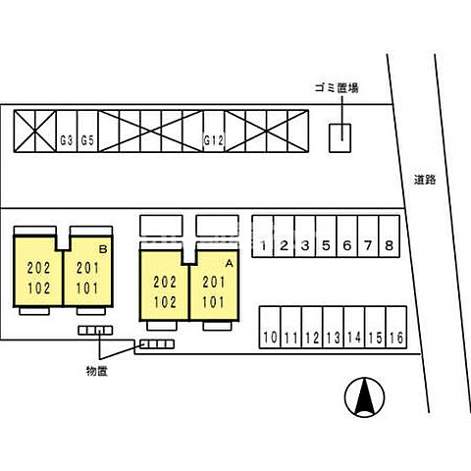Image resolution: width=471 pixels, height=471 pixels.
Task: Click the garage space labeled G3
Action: click(x=67, y=131)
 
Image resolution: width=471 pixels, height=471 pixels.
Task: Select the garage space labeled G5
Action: click(x=87, y=131)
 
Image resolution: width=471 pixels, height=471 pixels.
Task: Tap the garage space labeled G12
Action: click(x=214, y=131)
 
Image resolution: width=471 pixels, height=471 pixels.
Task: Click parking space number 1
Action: click(x=263, y=236)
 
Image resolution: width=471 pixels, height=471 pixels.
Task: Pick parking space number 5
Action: click(x=326, y=236)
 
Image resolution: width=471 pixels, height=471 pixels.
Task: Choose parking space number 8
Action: click(x=390, y=236)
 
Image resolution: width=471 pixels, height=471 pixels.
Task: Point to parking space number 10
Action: click(x=270, y=327)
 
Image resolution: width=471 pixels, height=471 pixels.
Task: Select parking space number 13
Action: click(x=334, y=327)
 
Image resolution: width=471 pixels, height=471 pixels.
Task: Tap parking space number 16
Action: click(x=396, y=327)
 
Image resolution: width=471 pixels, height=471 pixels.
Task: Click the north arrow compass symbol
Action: click(x=365, y=397)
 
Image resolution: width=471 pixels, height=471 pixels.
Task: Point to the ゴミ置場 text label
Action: click(x=337, y=88)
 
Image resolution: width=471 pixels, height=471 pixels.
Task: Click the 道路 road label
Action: click(x=425, y=180)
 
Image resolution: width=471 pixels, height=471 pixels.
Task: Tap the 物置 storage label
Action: click(x=97, y=371)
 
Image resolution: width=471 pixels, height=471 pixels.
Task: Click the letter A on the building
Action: click(x=230, y=263)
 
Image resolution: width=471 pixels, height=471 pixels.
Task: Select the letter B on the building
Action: click(x=103, y=249)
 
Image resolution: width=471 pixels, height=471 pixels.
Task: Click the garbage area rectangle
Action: click(x=340, y=138)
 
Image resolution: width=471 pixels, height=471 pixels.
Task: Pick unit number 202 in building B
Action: click(x=38, y=268)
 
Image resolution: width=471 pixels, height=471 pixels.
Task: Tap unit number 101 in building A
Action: click(x=214, y=302)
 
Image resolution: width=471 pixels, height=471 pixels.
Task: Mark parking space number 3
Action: click(x=305, y=236)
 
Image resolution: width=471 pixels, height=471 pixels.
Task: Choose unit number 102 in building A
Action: click(x=165, y=302)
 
